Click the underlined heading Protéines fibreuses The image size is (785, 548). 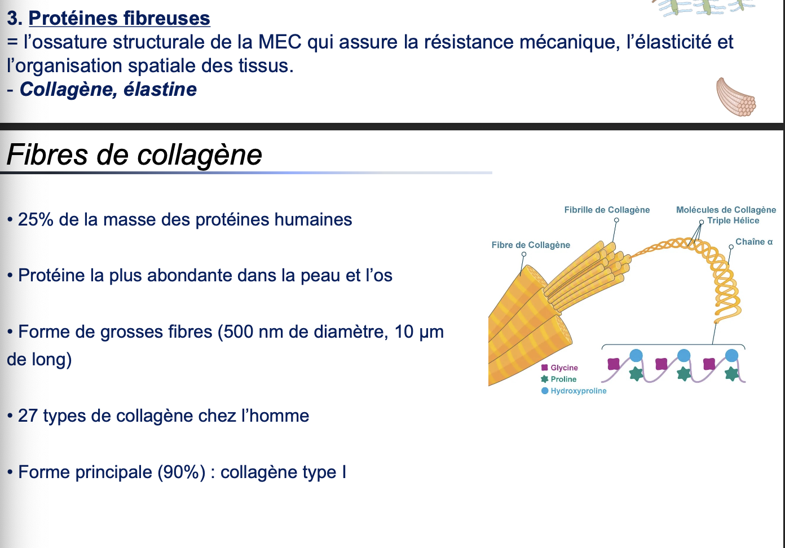coord(119,18)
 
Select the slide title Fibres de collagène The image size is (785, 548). coord(134,154)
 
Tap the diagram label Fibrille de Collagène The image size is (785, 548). coord(607,210)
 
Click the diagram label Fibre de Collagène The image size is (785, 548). coord(531,245)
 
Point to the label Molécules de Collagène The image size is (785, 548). coord(726,210)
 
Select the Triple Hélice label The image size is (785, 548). coord(733,220)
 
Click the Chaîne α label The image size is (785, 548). coord(754,241)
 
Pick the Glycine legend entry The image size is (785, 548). coord(564,368)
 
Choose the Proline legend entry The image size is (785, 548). coord(563,379)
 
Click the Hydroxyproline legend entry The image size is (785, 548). coord(578,391)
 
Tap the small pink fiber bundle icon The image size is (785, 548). coord(736,97)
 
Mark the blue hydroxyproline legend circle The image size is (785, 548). coord(545,391)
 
